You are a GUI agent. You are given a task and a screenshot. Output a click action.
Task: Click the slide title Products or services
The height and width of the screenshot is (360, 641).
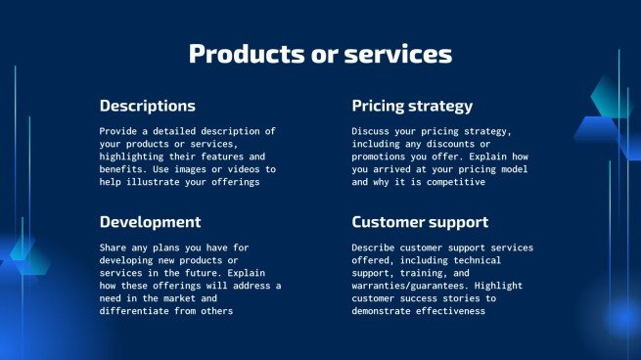coord(320,55)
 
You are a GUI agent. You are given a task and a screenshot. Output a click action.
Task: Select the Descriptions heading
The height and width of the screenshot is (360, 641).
coord(147,106)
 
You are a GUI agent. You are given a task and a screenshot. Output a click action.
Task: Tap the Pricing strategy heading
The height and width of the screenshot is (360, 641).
coord(412,106)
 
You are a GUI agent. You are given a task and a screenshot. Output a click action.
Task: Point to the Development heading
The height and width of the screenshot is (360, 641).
coord(150,222)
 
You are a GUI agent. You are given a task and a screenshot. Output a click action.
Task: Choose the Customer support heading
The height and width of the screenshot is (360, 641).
coord(420,222)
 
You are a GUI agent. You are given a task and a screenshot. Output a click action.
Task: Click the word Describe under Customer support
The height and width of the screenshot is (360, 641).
coord(378,247)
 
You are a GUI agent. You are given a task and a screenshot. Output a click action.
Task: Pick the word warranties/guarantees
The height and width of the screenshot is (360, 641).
coord(413,286)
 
